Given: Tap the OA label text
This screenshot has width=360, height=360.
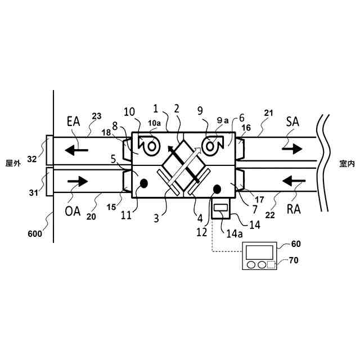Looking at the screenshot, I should pyautogui.click(x=73, y=212).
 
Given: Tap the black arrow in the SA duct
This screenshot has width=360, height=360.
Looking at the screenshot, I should pyautogui.click(x=293, y=150).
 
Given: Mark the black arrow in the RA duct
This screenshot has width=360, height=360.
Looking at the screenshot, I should pyautogui.click(x=293, y=181).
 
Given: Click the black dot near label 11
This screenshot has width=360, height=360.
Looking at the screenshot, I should pyautogui.click(x=145, y=183).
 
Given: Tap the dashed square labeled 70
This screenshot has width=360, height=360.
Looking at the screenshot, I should pyautogui.click(x=270, y=264).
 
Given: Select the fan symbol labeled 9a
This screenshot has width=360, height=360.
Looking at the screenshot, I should pyautogui.click(x=211, y=147).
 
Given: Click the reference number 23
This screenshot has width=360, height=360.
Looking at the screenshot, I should pyautogui.click(x=97, y=116).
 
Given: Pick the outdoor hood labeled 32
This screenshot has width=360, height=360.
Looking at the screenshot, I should pyautogui.click(x=49, y=150).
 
